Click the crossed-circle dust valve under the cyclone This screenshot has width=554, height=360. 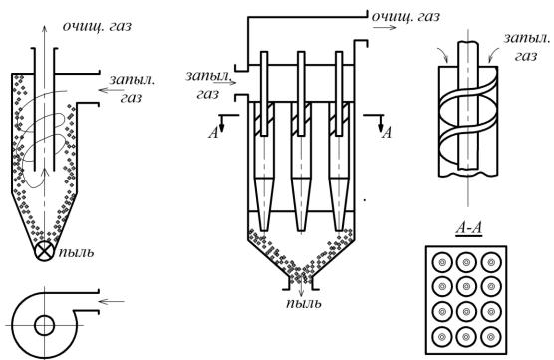pyautogui.click(x=44, y=251)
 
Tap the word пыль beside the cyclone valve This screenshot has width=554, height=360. pyautogui.click(x=77, y=252)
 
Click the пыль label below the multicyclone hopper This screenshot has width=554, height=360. pyautogui.click(x=304, y=303)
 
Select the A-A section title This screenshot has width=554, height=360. pyautogui.click(x=469, y=228)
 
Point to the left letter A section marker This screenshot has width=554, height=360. pyautogui.click(x=213, y=133)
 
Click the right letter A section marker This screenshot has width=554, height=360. pyautogui.click(x=388, y=133)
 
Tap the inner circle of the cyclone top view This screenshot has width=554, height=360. pyautogui.click(x=44, y=325)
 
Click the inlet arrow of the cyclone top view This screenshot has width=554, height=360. pyautogui.click(x=112, y=301)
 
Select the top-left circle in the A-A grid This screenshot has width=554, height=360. pyautogui.click(x=442, y=262)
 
